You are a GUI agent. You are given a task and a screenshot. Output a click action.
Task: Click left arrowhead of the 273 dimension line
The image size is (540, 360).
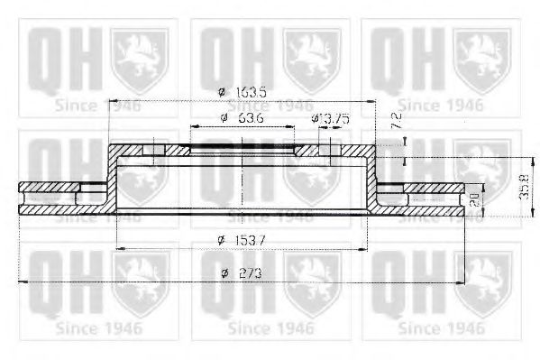coord(23,283)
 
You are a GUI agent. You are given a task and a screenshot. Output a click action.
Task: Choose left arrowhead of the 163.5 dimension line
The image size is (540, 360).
coord(113,99)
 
